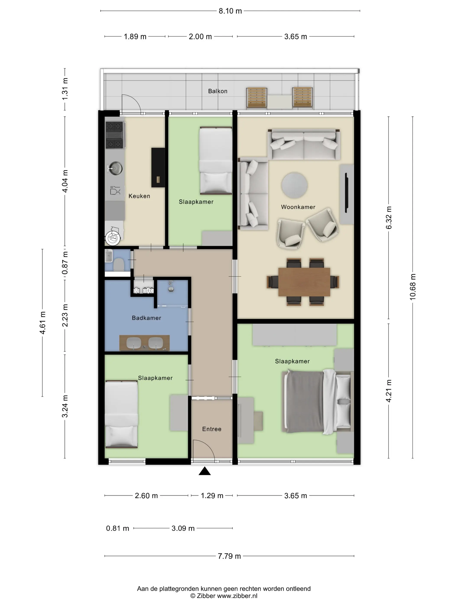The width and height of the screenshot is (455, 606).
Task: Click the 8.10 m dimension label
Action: [230, 11]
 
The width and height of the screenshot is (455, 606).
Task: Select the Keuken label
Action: [139, 196]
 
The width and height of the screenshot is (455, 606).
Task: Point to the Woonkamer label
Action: [298, 207]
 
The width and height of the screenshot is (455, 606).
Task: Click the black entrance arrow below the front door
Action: [205, 471]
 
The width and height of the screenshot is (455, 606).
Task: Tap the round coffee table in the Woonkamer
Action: [294, 185]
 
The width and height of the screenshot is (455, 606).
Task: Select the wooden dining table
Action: [304, 282]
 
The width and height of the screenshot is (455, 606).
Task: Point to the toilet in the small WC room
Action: [119, 265]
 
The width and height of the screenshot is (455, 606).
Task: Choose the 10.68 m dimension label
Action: [413, 287]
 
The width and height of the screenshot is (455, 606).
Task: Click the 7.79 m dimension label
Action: [229, 556]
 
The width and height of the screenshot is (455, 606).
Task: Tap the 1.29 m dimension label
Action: [212, 496]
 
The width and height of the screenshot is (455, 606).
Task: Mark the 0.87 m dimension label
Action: [65, 263]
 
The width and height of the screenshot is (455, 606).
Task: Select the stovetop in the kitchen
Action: [114, 135]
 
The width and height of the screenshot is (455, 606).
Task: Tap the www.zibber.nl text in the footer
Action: [237, 596]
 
